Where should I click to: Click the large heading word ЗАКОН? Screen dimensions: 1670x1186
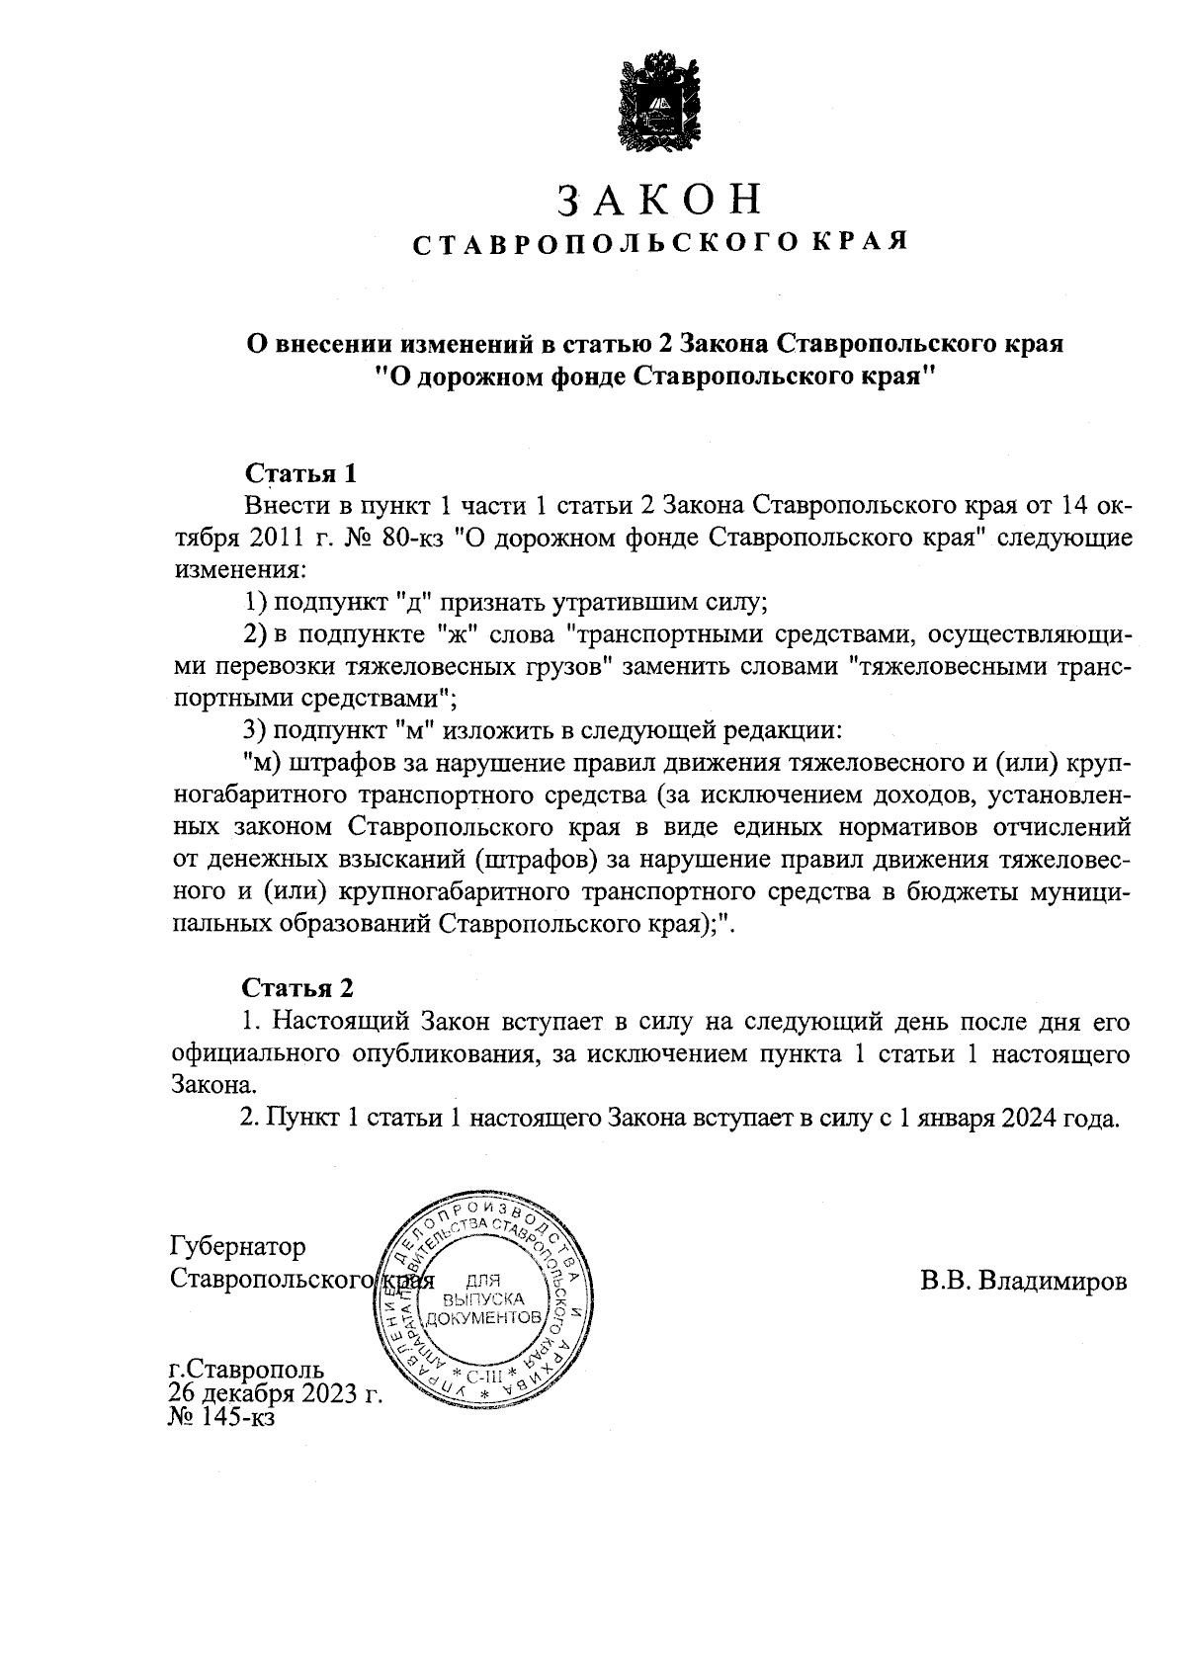[660, 200]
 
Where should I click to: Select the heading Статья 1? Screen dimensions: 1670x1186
[298, 472]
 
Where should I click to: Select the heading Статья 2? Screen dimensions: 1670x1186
[298, 987]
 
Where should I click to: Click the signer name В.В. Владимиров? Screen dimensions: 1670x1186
[1023, 1281]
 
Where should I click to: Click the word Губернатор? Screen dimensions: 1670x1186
[238, 1246]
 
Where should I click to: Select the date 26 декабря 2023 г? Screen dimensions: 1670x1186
[276, 1394]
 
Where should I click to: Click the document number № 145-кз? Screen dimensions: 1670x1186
[222, 1418]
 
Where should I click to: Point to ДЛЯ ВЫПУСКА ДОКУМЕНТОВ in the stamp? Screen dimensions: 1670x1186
[483, 1297]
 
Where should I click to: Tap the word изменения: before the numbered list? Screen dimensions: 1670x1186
[238, 570]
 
